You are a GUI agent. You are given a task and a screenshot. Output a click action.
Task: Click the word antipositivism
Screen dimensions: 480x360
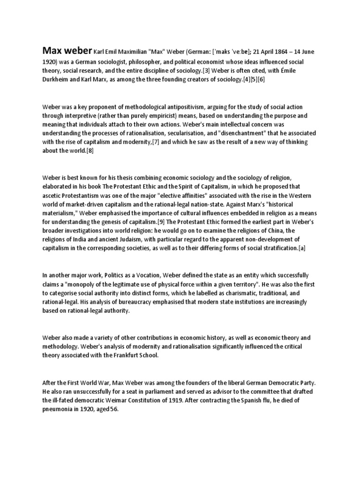[x=181, y=106]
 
